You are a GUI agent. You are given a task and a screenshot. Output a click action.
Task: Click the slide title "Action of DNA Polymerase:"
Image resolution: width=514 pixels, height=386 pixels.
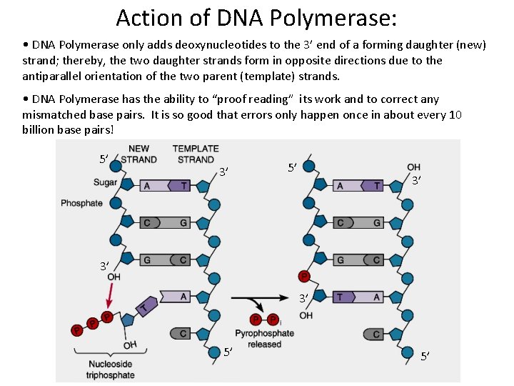[256, 16]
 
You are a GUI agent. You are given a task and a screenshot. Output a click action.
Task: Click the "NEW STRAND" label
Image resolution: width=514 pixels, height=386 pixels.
[138, 154]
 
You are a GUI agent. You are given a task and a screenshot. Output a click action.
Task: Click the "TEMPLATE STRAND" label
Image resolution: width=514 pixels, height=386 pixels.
[196, 154]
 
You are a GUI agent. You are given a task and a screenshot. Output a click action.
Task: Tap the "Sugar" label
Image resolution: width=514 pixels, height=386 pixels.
[106, 183]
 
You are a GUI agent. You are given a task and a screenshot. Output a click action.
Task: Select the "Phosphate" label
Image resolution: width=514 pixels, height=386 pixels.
[81, 203]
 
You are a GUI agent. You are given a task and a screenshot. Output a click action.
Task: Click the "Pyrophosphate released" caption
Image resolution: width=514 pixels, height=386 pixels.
[264, 339]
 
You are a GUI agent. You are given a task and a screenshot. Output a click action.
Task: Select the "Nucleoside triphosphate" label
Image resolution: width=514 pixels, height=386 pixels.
[110, 370]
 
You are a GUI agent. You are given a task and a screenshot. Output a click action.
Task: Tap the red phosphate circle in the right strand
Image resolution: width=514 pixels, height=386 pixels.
[303, 276]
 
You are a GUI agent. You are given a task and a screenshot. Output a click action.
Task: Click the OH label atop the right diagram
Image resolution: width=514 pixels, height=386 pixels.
[413, 167]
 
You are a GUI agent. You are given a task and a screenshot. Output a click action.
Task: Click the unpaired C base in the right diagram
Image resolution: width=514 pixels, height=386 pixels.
[376, 334]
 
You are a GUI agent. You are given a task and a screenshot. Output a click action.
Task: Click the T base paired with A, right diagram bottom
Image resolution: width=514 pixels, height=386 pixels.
[341, 297]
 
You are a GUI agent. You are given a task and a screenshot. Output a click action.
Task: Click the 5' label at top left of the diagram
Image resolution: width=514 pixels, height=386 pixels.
[104, 158]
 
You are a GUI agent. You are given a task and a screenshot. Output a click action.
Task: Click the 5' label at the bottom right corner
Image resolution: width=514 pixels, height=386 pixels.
[425, 356]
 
